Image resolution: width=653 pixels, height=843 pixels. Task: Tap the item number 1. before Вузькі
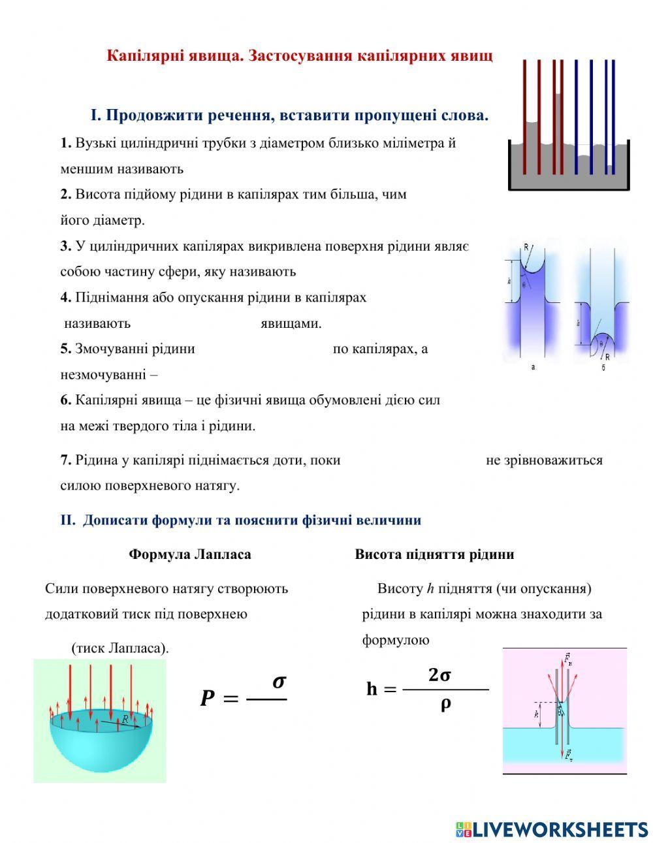pyautogui.click(x=65, y=143)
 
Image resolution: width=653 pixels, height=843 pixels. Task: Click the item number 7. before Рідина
pyautogui.click(x=65, y=460)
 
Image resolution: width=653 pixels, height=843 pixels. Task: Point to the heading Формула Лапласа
pyautogui.click(x=189, y=554)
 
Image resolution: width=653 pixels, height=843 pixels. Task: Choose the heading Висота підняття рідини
pyautogui.click(x=434, y=554)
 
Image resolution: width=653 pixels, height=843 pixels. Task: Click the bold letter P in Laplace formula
pyautogui.click(x=207, y=699)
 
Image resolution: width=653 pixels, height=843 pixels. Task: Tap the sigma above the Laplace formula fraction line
pyautogui.click(x=279, y=682)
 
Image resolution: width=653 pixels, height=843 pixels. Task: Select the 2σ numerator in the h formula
pyautogui.click(x=439, y=676)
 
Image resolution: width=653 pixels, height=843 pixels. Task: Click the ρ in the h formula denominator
pyautogui.click(x=446, y=705)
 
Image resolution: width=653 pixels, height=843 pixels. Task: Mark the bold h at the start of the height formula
pyautogui.click(x=372, y=689)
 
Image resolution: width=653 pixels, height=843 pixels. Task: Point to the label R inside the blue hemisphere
pyautogui.click(x=125, y=718)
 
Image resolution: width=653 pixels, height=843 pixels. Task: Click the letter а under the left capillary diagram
pyautogui.click(x=533, y=368)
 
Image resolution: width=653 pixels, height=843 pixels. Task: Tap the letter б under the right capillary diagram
pyautogui.click(x=603, y=368)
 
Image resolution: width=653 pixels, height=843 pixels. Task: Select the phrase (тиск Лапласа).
pyautogui.click(x=120, y=648)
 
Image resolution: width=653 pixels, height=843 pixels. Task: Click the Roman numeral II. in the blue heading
pyautogui.click(x=69, y=520)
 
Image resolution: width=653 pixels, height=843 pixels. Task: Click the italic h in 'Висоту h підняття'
pyautogui.click(x=430, y=588)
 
